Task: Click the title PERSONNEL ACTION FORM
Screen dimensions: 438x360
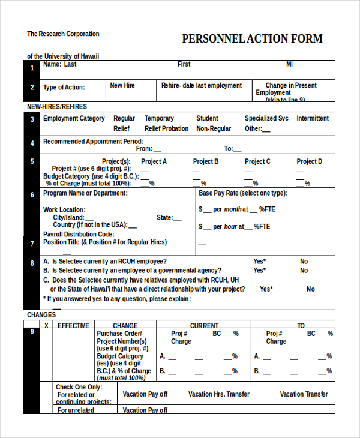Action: click(252, 39)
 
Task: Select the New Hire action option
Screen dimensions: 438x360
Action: click(122, 85)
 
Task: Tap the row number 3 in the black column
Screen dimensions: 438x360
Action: click(32, 119)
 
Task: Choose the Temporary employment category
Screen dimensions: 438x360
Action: click(159, 118)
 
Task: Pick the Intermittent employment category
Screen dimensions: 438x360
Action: click(313, 118)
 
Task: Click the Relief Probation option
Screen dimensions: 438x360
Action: click(166, 128)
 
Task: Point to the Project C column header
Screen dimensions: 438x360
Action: click(257, 161)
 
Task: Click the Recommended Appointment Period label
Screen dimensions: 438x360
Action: click(93, 142)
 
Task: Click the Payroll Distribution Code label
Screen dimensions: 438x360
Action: click(79, 234)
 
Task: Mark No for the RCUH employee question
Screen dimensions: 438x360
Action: click(304, 262)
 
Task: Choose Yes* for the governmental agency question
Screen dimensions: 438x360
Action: click(259, 271)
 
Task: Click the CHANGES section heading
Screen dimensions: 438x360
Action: click(41, 314)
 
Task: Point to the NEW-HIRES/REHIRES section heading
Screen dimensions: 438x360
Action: click(57, 106)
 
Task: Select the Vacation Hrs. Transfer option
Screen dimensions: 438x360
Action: click(219, 394)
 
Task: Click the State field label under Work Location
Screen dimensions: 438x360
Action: click(165, 218)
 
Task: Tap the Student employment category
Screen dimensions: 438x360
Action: click(207, 118)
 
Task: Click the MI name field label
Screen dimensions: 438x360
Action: click(289, 64)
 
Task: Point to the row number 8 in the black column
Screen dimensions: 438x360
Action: click(32, 263)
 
